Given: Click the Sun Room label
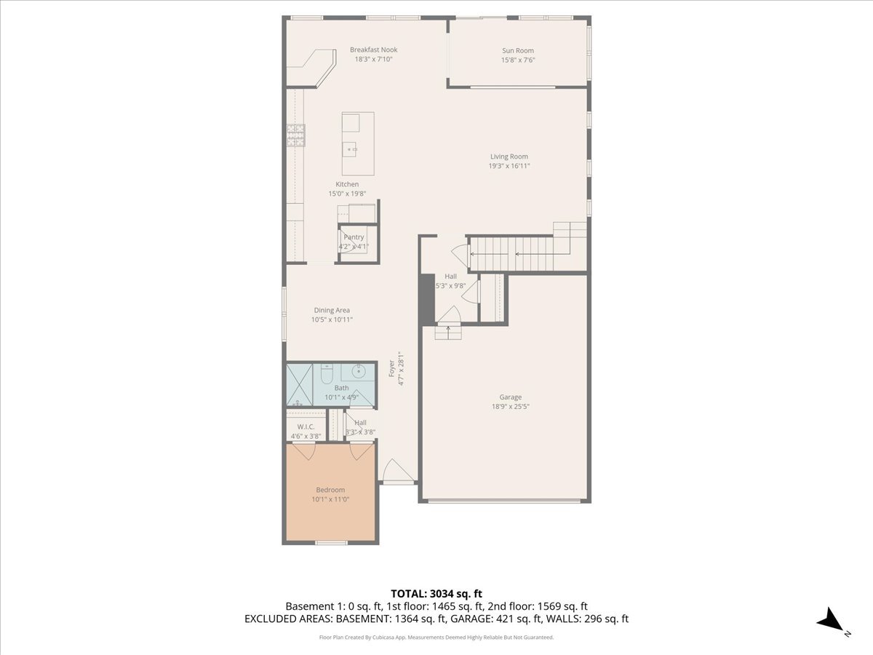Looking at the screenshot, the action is pyautogui.click(x=518, y=50).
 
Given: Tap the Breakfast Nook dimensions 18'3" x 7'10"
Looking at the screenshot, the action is pyautogui.click(x=373, y=59).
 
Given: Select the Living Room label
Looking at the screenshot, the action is pyautogui.click(x=509, y=156).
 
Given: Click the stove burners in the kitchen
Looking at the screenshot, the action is pyautogui.click(x=296, y=135).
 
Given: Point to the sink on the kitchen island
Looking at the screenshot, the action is pyautogui.click(x=350, y=149).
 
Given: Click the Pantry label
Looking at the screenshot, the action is pyautogui.click(x=354, y=237).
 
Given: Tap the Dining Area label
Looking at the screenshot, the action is pyautogui.click(x=332, y=310).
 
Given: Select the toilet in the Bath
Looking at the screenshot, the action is pyautogui.click(x=327, y=375).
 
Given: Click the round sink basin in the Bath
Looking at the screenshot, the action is pyautogui.click(x=359, y=372).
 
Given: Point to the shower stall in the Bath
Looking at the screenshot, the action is pyautogui.click(x=300, y=384).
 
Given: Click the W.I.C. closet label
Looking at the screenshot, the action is pyautogui.click(x=306, y=426).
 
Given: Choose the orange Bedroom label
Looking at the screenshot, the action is pyautogui.click(x=330, y=490).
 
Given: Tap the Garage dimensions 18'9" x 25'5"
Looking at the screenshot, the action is pyautogui.click(x=511, y=406).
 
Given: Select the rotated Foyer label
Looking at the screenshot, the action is pyautogui.click(x=391, y=368).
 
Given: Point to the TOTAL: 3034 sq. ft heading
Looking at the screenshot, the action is pyautogui.click(x=436, y=594).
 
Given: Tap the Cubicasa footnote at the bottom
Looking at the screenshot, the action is pyautogui.click(x=436, y=638).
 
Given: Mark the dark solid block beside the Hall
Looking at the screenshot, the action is pyautogui.click(x=428, y=299).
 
